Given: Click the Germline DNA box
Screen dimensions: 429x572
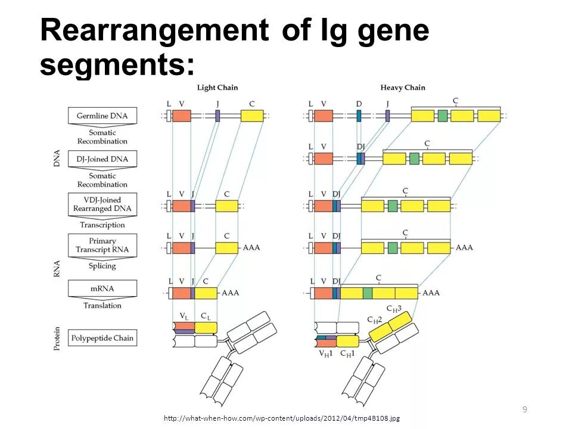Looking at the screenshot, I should [x=102, y=116].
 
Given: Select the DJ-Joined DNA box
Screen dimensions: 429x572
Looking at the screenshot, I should [x=102, y=159].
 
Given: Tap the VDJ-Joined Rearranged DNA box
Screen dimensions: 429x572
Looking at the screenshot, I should [x=102, y=204].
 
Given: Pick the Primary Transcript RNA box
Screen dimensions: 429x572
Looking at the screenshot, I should [x=102, y=245].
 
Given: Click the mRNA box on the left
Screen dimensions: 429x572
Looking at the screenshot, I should [x=102, y=288].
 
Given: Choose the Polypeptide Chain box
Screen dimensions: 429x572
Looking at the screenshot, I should [x=102, y=338].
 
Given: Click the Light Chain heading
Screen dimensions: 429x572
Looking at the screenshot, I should [x=217, y=88].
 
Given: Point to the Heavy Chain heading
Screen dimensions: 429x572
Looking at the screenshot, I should [x=403, y=88].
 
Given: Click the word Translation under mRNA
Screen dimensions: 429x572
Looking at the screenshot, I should [x=102, y=306].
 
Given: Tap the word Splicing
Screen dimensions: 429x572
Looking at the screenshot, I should [x=102, y=266].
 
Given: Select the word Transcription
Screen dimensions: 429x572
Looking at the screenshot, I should [x=102, y=225].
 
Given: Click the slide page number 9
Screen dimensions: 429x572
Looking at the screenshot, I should [x=524, y=409].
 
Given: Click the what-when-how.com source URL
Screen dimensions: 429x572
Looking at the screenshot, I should [x=282, y=418].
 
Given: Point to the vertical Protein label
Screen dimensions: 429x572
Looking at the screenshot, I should [x=57, y=337].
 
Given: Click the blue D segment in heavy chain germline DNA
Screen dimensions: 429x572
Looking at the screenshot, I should [x=359, y=116].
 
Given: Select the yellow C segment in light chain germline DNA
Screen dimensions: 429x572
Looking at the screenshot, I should [x=252, y=116].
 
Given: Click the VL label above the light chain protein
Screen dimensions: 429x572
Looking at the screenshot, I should [x=184, y=315].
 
